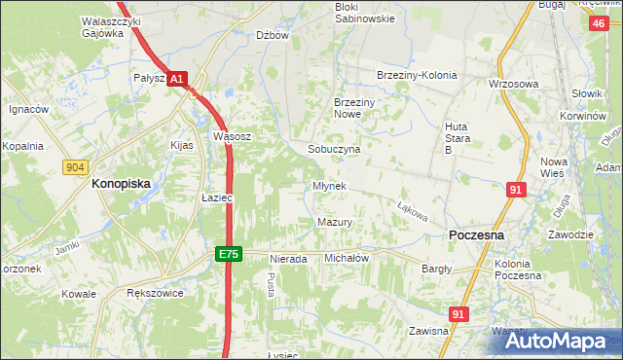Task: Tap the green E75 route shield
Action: point(228,254)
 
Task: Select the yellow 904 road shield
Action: point(75,167)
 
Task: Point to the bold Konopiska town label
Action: point(124,182)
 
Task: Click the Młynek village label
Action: point(329,186)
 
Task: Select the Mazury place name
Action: point(334,223)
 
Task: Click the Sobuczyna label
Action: point(334,150)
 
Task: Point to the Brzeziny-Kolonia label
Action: point(417,76)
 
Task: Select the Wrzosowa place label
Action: point(514,84)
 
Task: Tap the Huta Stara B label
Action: point(458,138)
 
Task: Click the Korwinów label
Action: point(583,116)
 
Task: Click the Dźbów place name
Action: point(274,35)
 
